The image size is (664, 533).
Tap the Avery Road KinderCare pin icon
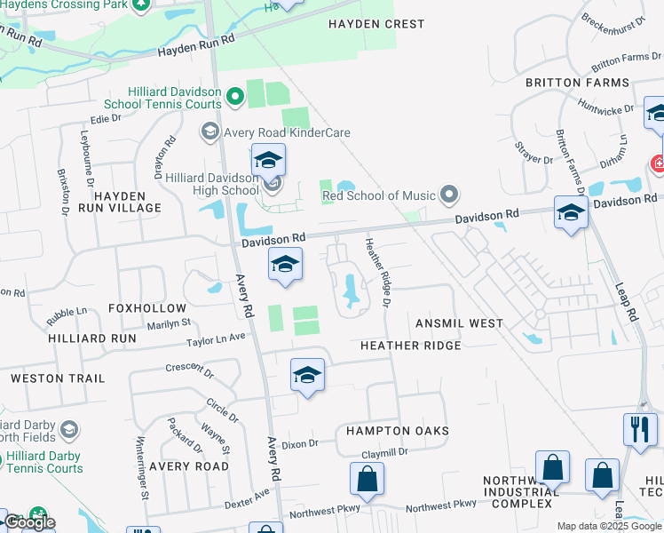[210, 133]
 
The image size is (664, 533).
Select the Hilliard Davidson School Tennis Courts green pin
[235, 96]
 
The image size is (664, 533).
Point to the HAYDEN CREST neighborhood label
[376, 24]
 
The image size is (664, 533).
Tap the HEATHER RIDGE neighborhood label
[410, 345]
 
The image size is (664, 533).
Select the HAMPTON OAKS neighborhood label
[397, 430]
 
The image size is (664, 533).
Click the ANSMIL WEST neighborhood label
[458, 323]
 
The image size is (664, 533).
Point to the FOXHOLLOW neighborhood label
[147, 308]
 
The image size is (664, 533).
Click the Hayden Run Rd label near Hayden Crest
[195, 47]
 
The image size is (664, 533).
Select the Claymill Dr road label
[384, 452]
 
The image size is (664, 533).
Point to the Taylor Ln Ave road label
[216, 339]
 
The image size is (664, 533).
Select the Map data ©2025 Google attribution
[608, 526]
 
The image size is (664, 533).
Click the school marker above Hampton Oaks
[307, 375]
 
